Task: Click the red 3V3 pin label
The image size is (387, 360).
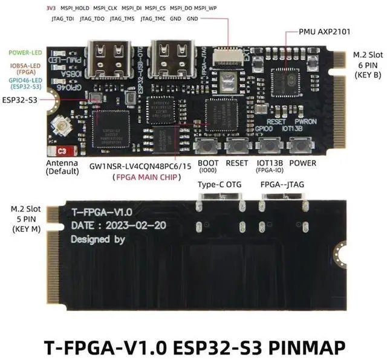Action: click(x=51, y=9)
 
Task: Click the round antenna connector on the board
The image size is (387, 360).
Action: click(x=62, y=126)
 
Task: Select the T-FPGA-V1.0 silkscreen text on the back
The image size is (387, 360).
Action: click(x=102, y=212)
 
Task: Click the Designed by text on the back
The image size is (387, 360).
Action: click(x=98, y=239)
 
